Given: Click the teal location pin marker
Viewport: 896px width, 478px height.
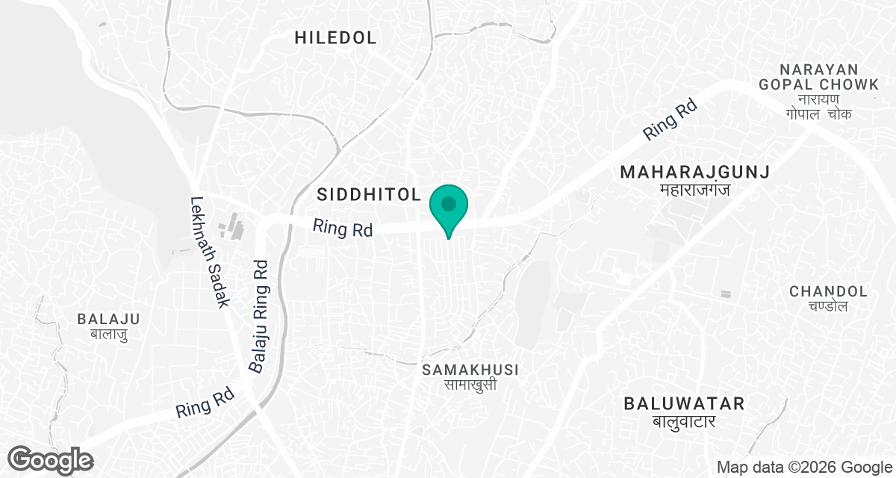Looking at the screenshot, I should coord(449,206).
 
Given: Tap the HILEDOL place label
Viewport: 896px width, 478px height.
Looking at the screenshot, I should coord(335,38).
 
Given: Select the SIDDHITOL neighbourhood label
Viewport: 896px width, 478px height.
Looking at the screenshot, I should coord(370,195).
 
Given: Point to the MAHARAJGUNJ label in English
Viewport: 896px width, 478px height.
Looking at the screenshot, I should coord(694,173).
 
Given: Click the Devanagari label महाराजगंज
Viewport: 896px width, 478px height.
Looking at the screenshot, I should coord(694,190).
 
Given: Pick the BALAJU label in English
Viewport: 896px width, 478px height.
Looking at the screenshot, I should coord(108,319).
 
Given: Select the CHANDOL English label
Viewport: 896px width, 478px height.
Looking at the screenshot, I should coord(829,291).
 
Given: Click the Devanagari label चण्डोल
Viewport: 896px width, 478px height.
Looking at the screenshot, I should coord(829,306).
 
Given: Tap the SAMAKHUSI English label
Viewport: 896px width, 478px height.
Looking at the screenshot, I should coord(470,370).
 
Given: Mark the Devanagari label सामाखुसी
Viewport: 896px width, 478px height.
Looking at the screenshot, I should coord(470,385).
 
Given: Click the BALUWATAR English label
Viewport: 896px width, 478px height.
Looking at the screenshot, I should coord(685,404).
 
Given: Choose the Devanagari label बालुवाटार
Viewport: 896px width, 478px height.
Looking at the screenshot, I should coord(685,422).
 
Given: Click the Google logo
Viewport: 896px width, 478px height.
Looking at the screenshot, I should coord(51,459).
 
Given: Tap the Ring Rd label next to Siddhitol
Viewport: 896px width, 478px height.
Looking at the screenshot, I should coord(343,228).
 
